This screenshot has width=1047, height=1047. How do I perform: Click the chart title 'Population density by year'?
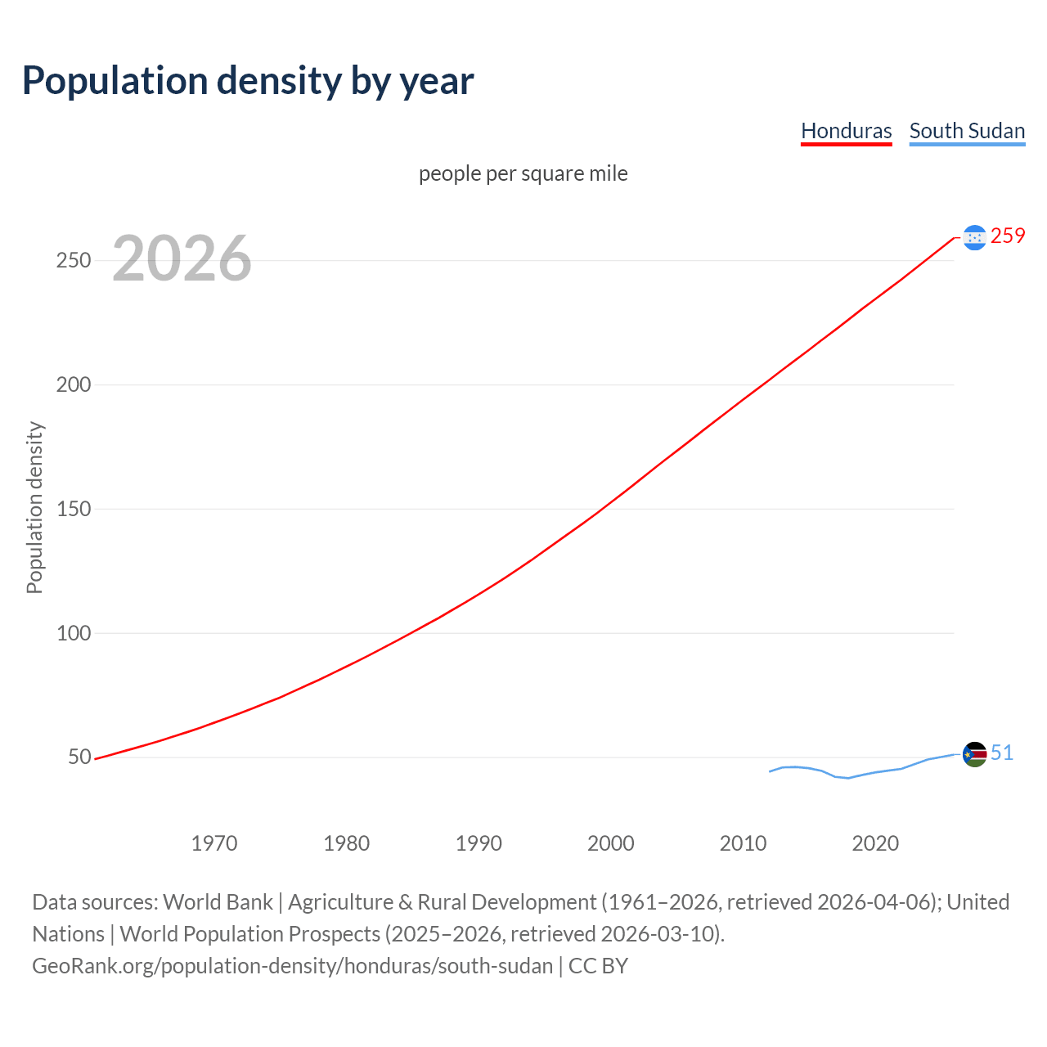tap(248, 80)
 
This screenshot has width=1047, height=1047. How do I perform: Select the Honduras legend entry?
tap(846, 131)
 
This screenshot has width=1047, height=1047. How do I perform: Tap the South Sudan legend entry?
tap(967, 131)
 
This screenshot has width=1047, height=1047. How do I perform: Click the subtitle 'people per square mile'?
tap(523, 173)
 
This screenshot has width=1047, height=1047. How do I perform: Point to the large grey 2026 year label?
tap(182, 258)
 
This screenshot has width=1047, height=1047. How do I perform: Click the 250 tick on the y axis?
tap(73, 260)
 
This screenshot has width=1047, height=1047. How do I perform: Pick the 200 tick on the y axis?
tap(73, 384)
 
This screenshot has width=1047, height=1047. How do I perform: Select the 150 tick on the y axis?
tap(73, 509)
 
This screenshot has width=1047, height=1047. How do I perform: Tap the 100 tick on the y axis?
tap(73, 633)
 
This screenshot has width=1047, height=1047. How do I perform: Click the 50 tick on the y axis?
tap(79, 757)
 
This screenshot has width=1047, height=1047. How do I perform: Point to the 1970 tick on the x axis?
tap(214, 843)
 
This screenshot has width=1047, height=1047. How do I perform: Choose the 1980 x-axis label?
tap(346, 843)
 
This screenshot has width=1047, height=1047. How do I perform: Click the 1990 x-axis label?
tap(479, 843)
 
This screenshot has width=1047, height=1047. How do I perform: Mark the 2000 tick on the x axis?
tap(611, 843)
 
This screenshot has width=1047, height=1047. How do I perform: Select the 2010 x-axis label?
tap(743, 843)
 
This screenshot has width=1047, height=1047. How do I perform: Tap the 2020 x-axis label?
tap(875, 843)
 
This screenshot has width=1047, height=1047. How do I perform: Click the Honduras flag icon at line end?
tap(974, 237)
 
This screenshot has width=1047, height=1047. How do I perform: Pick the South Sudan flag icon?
tap(974, 754)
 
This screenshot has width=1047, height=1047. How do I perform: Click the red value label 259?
tap(1008, 236)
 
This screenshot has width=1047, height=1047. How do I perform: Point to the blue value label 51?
tap(1002, 753)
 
